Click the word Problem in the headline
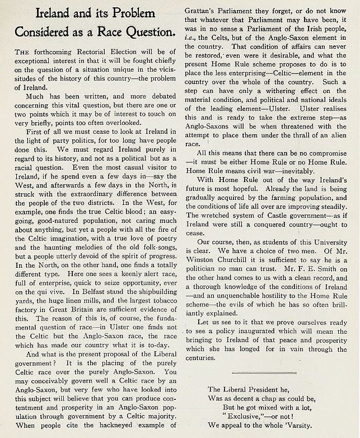tap(139, 16)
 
